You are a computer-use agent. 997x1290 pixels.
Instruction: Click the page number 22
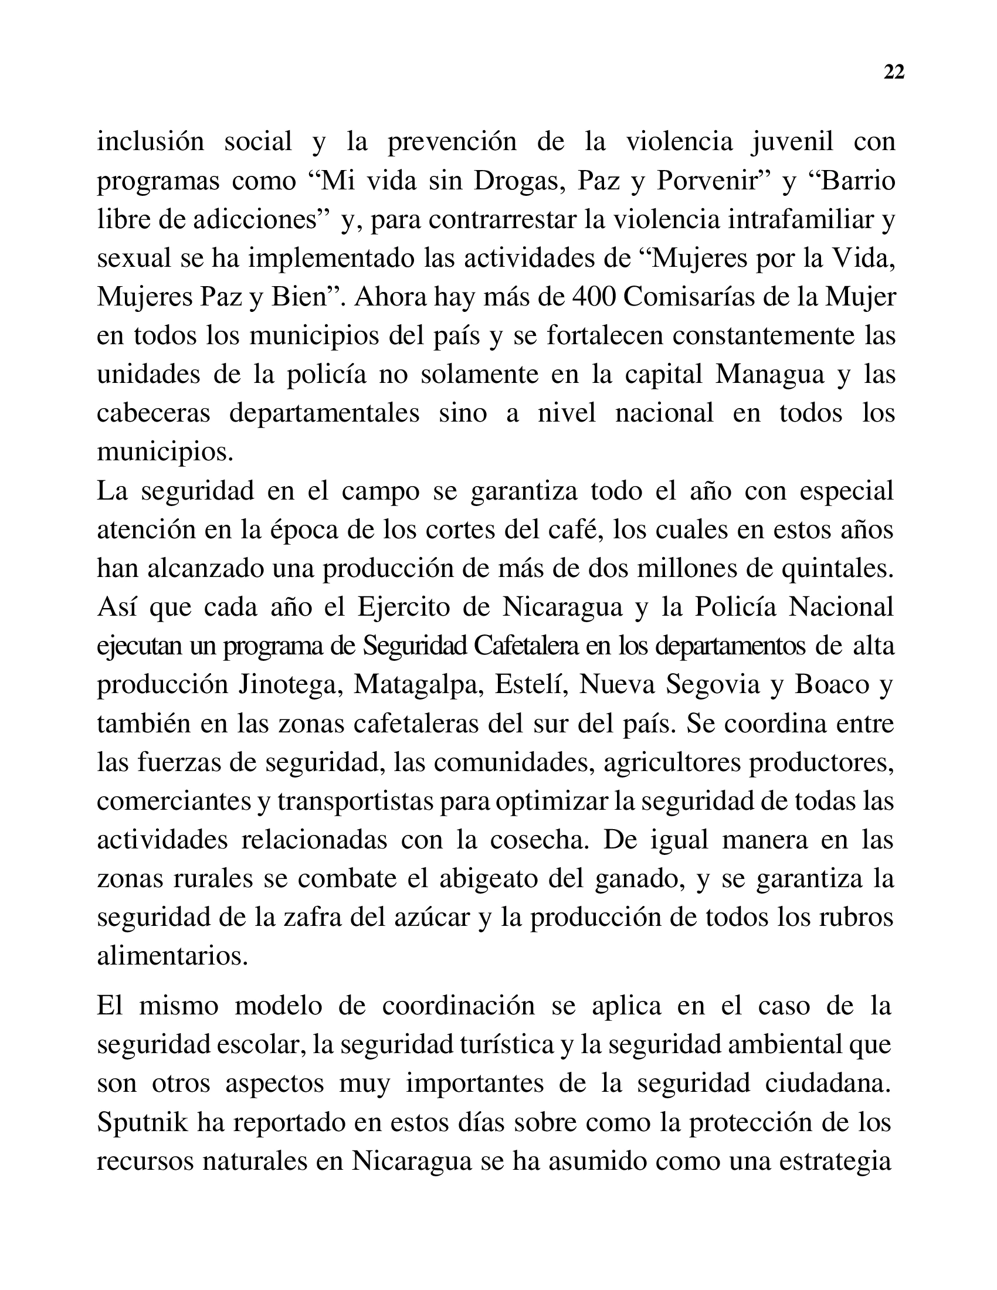point(894,72)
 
